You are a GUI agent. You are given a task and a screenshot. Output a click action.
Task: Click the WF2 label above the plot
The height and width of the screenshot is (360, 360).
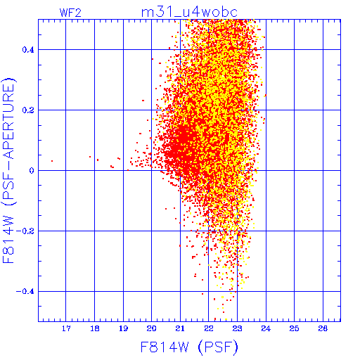(70, 13)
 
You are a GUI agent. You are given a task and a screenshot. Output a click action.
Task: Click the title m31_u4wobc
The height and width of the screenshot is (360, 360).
(189, 12)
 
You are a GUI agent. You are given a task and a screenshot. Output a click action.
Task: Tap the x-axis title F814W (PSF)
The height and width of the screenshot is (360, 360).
(189, 347)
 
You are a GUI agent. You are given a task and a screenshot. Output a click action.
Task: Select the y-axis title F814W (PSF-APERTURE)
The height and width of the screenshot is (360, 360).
(9, 170)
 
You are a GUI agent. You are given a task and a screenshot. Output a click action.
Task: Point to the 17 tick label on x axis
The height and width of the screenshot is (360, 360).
(66, 328)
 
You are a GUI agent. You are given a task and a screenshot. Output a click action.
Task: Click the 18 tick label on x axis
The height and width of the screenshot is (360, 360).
(95, 328)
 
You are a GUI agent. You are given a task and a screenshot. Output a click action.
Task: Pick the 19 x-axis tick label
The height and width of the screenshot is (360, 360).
(123, 328)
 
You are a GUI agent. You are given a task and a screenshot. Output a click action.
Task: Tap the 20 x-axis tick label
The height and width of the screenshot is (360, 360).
(152, 328)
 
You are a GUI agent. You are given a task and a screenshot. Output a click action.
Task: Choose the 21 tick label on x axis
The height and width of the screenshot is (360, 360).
(180, 328)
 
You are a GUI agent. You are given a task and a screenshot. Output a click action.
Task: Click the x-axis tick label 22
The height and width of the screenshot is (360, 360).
(209, 328)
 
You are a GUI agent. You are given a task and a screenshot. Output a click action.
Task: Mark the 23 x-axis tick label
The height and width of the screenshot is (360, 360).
(237, 328)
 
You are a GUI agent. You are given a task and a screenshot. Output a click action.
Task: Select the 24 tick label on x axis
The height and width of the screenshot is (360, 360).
(266, 328)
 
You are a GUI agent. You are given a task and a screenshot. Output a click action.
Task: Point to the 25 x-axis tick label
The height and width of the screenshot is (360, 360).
(294, 328)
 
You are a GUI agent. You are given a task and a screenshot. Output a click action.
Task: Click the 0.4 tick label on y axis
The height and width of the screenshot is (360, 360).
(28, 50)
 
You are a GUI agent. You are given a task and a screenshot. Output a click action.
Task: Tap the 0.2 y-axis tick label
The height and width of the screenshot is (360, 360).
(28, 110)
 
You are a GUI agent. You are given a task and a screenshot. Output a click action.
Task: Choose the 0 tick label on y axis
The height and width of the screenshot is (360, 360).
(32, 171)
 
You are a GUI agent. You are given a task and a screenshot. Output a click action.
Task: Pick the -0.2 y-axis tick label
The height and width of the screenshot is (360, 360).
(25, 231)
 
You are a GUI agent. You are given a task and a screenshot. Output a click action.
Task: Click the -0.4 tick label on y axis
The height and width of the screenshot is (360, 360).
(25, 292)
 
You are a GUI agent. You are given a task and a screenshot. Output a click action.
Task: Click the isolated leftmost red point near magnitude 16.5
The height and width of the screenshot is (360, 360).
(52, 161)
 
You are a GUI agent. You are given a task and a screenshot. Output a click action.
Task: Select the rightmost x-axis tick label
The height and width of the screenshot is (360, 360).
(323, 328)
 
